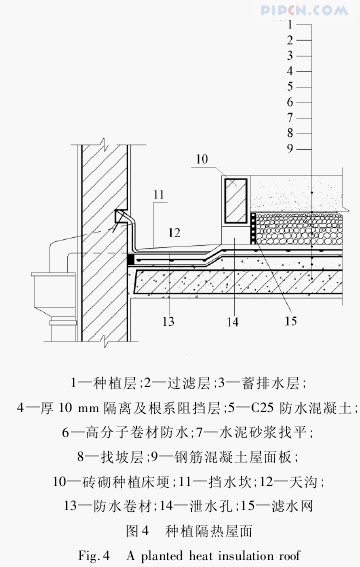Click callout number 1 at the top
pyautogui.click(x=290, y=25)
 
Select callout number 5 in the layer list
pyautogui.click(x=290, y=87)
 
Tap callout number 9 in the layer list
pyautogui.click(x=290, y=149)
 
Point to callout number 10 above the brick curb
pyautogui.click(x=202, y=159)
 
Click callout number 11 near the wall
pyautogui.click(x=159, y=195)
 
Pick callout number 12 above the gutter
pyautogui.click(x=174, y=233)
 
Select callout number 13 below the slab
pyautogui.click(x=168, y=321)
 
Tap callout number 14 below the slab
pyautogui.click(x=232, y=321)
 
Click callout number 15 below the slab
pyautogui.click(x=291, y=321)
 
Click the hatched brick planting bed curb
pyautogui.click(x=236, y=200)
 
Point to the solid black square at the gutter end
pyautogui.click(x=131, y=260)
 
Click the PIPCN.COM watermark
pyautogui.click(x=304, y=10)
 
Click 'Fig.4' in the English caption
pyautogui.click(x=94, y=555)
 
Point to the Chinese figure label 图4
pyautogui.click(x=138, y=531)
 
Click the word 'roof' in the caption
pyautogui.click(x=290, y=555)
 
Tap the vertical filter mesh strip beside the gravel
pyautogui.click(x=253, y=228)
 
